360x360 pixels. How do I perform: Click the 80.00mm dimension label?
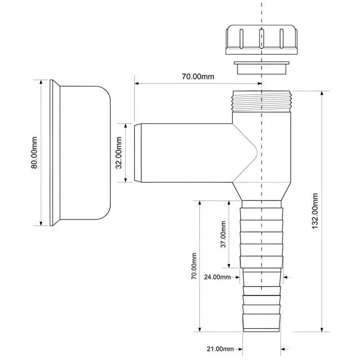point(34,153)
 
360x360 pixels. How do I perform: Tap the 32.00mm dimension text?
point(119,153)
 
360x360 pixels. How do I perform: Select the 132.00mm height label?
point(315,211)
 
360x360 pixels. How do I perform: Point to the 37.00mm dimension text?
point(223,234)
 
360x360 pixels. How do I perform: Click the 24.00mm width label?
point(217,277)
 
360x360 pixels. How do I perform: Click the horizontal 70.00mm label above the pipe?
point(198,76)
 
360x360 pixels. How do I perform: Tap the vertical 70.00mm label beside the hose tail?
point(194,266)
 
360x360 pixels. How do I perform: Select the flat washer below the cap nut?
point(262,68)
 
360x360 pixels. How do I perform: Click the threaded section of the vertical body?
point(262,101)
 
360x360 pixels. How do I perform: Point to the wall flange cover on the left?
point(80,153)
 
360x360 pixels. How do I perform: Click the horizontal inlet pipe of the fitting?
point(184,153)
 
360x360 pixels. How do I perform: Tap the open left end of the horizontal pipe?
point(137,153)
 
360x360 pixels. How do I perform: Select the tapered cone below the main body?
point(262,192)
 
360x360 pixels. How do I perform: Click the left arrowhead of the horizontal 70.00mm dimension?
point(137,84)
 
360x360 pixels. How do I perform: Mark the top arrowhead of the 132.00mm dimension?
point(322,93)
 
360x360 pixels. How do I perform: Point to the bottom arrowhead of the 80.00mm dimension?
point(41,223)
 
